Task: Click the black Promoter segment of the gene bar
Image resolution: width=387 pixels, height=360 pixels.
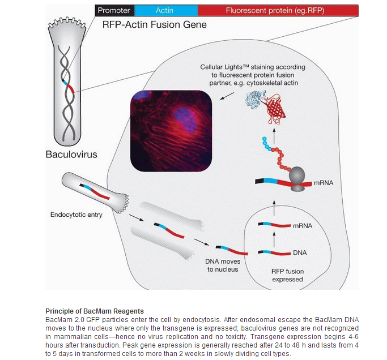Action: pyautogui.click(x=114, y=10)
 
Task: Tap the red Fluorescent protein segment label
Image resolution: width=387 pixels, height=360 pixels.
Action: pyautogui.click(x=275, y=10)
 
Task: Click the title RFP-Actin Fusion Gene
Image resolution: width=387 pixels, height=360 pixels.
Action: pyautogui.click(x=155, y=25)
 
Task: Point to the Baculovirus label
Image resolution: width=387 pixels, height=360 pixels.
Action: pyautogui.click(x=71, y=155)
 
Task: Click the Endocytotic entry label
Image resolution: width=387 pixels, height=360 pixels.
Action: pyautogui.click(x=76, y=215)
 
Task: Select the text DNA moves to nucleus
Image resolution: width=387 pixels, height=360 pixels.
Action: pyautogui.click(x=223, y=265)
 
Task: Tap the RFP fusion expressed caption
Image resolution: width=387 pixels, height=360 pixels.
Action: pyautogui.click(x=287, y=275)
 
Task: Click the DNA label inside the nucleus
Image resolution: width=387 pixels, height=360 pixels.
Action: pyautogui.click(x=300, y=252)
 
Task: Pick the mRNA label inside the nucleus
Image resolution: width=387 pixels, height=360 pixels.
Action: pyautogui.click(x=303, y=226)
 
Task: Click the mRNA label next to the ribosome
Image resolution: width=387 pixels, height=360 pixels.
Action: pyautogui.click(x=324, y=183)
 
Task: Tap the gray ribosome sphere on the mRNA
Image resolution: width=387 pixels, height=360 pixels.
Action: pyautogui.click(x=297, y=175)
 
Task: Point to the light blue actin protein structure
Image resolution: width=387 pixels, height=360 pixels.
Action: pyautogui.click(x=256, y=100)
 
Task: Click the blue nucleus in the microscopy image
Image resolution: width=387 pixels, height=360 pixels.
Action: pyautogui.click(x=185, y=119)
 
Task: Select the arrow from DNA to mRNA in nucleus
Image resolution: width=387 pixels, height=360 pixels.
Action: pyautogui.click(x=274, y=239)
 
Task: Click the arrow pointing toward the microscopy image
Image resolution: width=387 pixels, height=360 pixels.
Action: pyautogui.click(x=227, y=96)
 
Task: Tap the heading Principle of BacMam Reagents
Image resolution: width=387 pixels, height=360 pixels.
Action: pyautogui.click(x=95, y=311)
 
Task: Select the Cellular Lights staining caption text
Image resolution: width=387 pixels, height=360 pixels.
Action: pyautogui.click(x=253, y=75)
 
